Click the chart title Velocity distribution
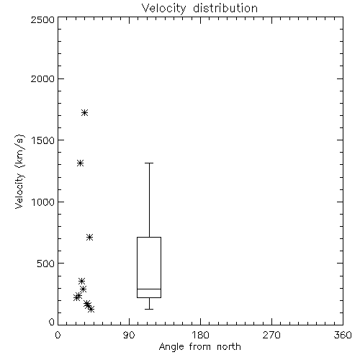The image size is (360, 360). [199, 9]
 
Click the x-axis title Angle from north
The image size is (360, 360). [199, 347]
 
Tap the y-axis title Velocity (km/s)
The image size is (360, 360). [19, 171]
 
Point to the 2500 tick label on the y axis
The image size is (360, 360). [42, 19]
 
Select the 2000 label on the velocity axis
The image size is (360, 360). [42, 78]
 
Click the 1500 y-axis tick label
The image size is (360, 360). [43, 140]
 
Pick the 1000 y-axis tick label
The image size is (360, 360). [43, 202]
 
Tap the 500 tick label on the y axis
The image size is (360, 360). [46, 264]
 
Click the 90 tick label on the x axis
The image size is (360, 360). [129, 335]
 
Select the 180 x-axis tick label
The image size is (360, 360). [200, 335]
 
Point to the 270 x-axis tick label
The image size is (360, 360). [271, 335]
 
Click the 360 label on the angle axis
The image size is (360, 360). [343, 335]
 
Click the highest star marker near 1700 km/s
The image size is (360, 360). [84, 112]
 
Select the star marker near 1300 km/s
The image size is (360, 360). [80, 163]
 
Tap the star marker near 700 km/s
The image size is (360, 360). [89, 238]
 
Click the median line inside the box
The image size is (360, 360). [149, 289]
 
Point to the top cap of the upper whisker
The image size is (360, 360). [149, 163]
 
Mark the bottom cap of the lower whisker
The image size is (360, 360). [149, 309]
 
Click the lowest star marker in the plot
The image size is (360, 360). [91, 309]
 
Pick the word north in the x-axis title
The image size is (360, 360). [229, 347]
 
